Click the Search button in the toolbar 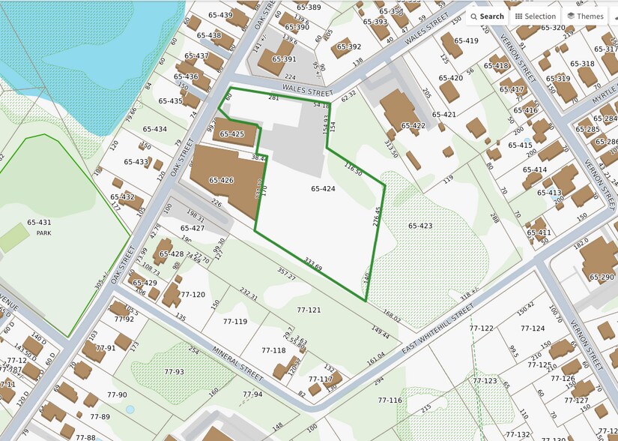coord(486,16)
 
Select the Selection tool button coord(535,16)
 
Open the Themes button coord(584,16)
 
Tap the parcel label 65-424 coord(323,189)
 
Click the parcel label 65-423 coord(420,225)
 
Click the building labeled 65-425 coord(232,134)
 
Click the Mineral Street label coord(237,362)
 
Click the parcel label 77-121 coord(309,310)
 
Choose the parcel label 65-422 coord(413,126)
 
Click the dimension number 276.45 coord(377,219)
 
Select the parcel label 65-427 coord(192,228)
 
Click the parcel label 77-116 coord(390,400)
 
